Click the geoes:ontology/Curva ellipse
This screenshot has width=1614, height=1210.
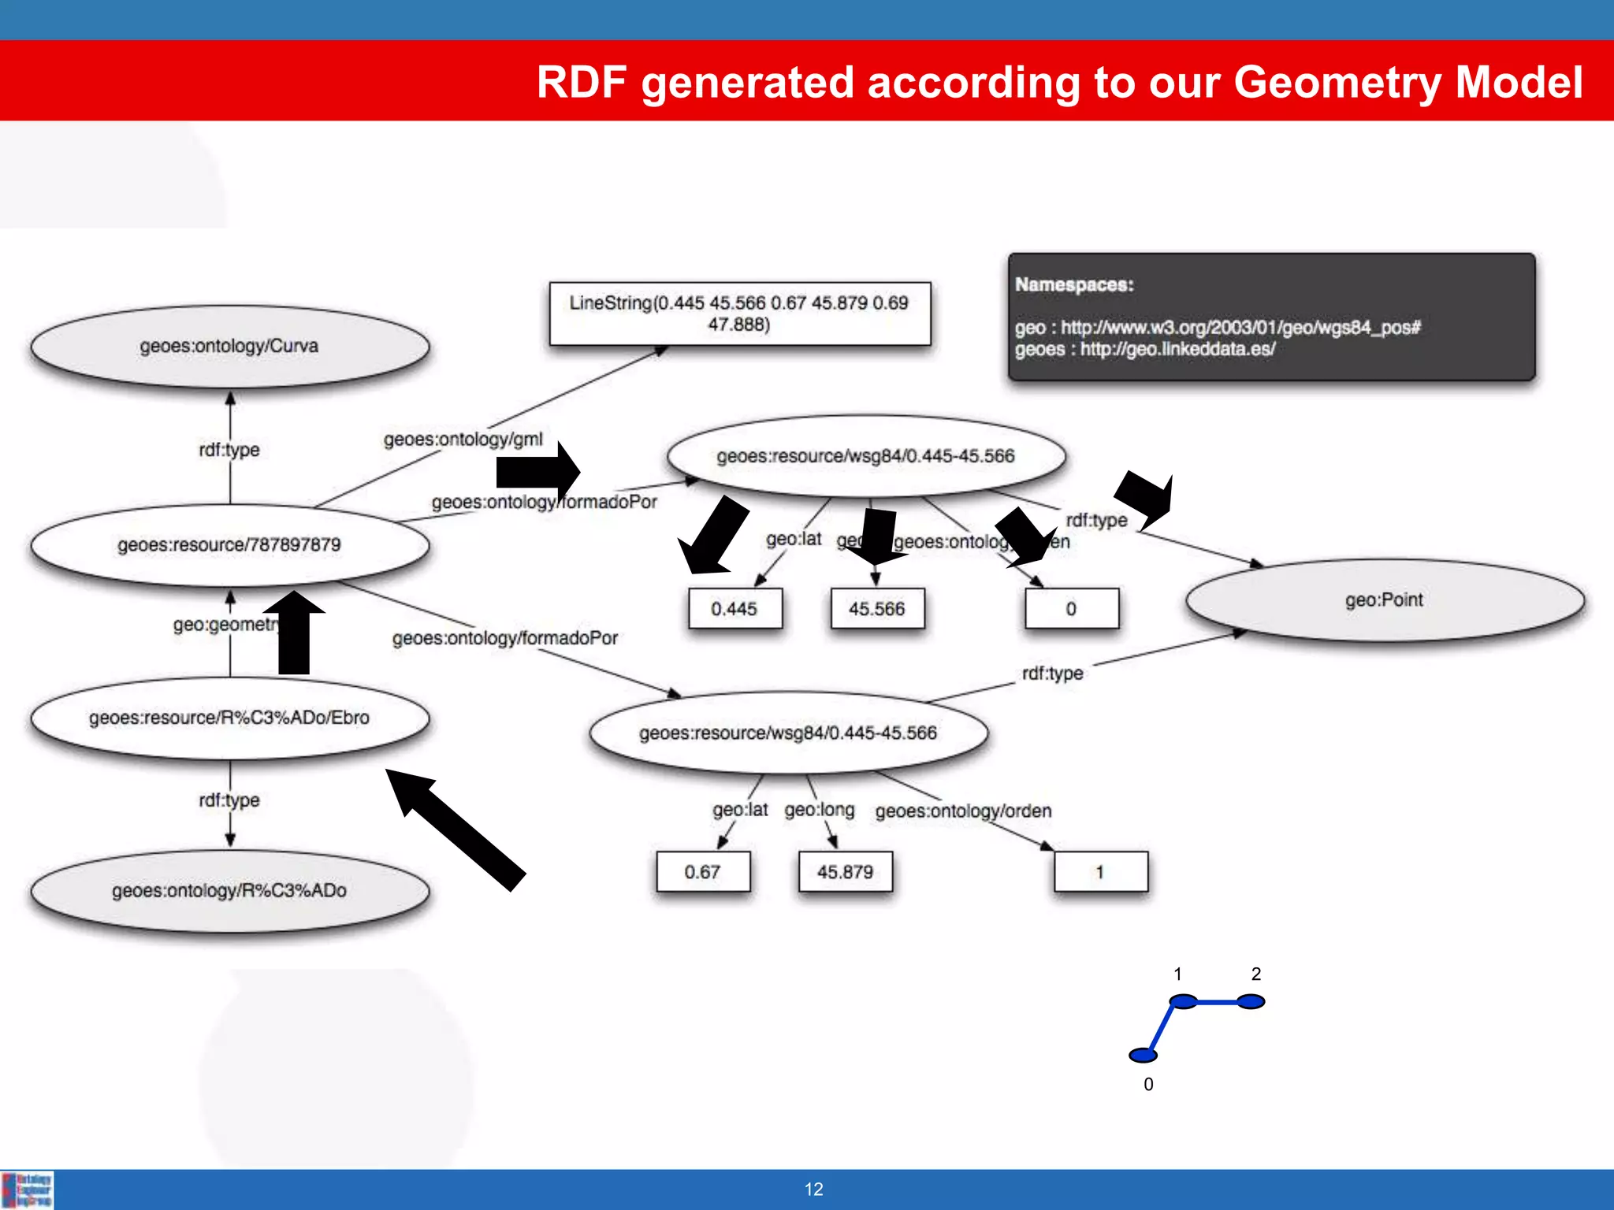pyautogui.click(x=229, y=347)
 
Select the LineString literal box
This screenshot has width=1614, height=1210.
pyautogui.click(x=739, y=314)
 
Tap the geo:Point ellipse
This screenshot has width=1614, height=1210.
pyautogui.click(x=1384, y=600)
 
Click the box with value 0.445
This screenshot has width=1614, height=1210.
pyautogui.click(x=734, y=609)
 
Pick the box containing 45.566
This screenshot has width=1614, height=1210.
pyautogui.click(x=876, y=609)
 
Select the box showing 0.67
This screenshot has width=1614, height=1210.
pyautogui.click(x=702, y=872)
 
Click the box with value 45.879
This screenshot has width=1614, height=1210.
pyautogui.click(x=845, y=872)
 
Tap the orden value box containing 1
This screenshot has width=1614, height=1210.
pyautogui.click(x=1100, y=872)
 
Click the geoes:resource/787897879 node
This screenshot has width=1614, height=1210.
pyautogui.click(x=229, y=545)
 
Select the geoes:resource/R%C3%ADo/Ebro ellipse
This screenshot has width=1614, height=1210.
pyautogui.click(x=229, y=718)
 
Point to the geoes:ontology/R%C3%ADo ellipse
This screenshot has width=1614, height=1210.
pyautogui.click(x=229, y=891)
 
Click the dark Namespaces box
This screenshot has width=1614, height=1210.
pyautogui.click(x=1270, y=317)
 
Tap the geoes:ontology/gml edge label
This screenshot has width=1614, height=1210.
pyautogui.click(x=463, y=440)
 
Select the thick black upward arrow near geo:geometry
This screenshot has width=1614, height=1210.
pyautogui.click(x=294, y=634)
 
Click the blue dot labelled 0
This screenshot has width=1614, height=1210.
pyautogui.click(x=1143, y=1055)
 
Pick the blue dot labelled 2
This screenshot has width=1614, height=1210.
pyautogui.click(x=1251, y=1001)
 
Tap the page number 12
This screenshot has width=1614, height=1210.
pyautogui.click(x=813, y=1190)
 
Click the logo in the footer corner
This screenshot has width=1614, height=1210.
pyautogui.click(x=28, y=1190)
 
